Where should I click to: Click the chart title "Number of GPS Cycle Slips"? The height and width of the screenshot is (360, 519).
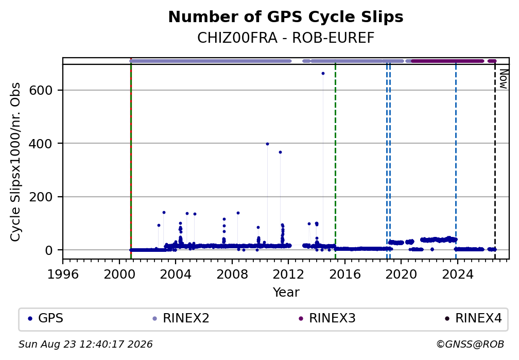tap(286, 17)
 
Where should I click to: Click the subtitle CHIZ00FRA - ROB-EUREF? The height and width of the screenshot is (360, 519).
tap(286, 38)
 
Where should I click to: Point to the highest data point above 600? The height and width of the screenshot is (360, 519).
tap(323, 74)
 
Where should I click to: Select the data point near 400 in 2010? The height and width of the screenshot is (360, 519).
tap(267, 144)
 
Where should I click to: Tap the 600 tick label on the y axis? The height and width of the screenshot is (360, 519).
tap(41, 90)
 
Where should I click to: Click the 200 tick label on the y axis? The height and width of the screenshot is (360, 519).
tap(41, 197)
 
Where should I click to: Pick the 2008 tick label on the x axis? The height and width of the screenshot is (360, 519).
tap(232, 274)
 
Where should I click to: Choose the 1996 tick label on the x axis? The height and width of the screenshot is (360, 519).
tap(63, 274)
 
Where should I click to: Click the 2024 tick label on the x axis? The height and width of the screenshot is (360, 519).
tap(457, 274)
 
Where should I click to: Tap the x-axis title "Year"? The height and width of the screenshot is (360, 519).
tap(286, 292)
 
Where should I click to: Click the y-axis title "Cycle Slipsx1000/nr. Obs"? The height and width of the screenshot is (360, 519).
tap(15, 162)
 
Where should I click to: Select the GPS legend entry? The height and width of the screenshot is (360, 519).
tap(46, 318)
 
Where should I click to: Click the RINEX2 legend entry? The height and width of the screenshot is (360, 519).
tap(181, 318)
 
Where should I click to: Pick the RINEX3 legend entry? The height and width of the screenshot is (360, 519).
tap(327, 318)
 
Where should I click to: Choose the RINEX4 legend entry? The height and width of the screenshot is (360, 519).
tap(473, 318)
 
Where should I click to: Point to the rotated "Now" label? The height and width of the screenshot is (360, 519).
tap(503, 79)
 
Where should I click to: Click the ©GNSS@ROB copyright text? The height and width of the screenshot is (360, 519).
tap(470, 345)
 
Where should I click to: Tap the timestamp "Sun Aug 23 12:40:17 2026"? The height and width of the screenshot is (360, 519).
tap(85, 345)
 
